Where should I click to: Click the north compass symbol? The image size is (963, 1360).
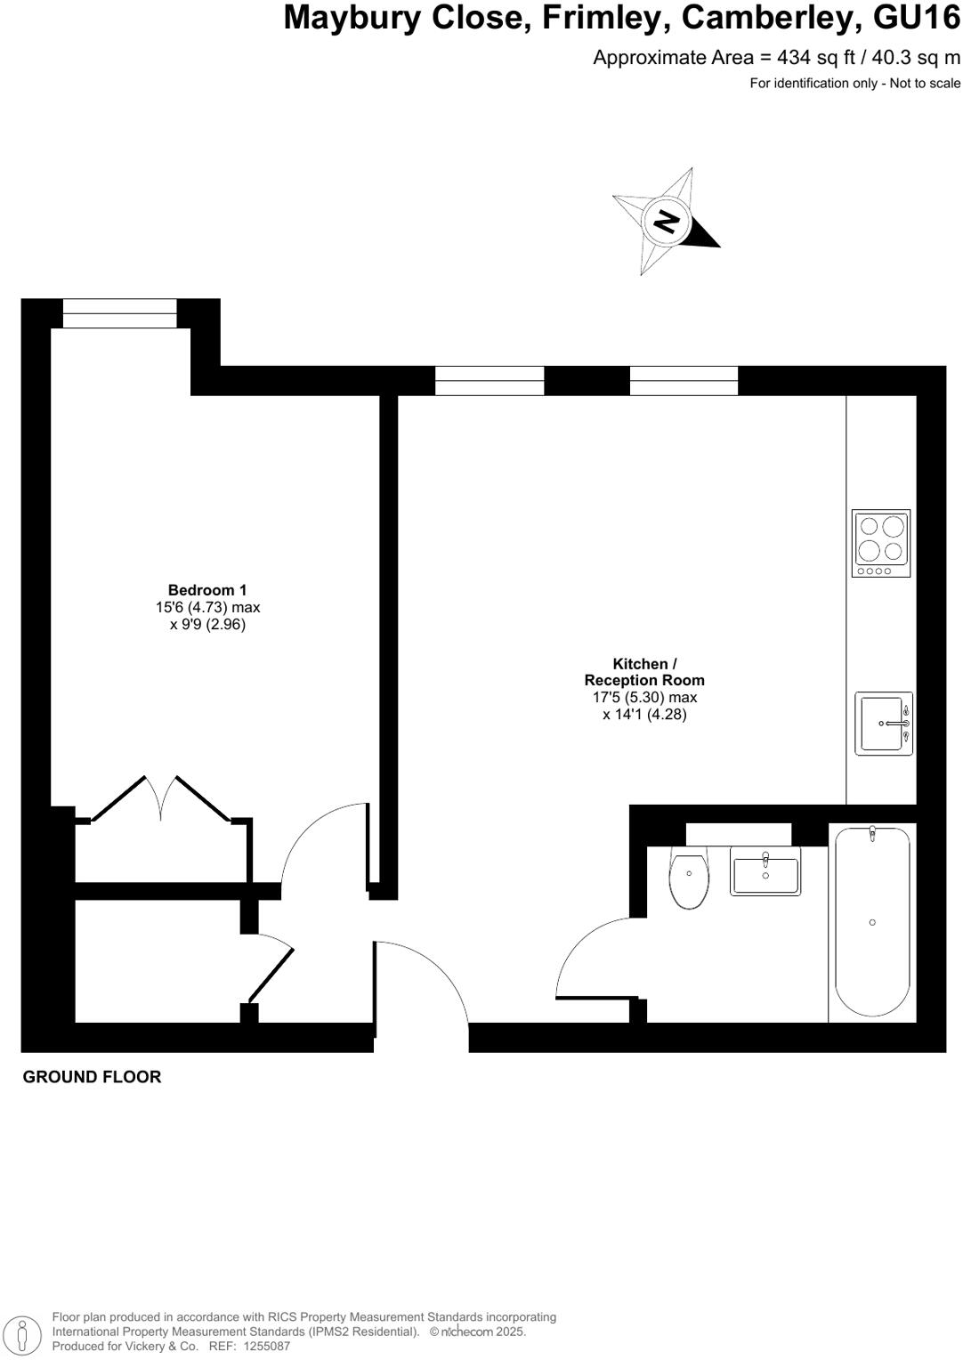[665, 221]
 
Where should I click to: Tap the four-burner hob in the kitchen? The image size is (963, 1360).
[880, 543]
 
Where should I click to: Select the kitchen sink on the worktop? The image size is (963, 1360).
[883, 724]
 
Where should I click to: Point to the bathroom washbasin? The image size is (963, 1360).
[765, 870]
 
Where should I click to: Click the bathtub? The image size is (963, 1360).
[872, 921]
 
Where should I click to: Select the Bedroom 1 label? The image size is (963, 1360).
[207, 590]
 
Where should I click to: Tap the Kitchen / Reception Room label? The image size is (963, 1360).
[644, 672]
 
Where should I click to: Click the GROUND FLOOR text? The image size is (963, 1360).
[92, 1077]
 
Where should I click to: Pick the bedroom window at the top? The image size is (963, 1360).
[119, 313]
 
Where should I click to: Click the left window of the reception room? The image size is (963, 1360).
[490, 381]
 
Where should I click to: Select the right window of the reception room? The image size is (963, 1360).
[684, 381]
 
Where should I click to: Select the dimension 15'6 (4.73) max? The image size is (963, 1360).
[207, 608]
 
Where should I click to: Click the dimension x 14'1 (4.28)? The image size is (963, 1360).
[644, 715]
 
